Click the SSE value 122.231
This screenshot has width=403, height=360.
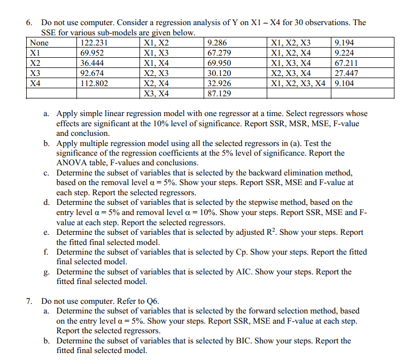point(94,43)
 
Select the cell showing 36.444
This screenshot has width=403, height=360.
point(91,63)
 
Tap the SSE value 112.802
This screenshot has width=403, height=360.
point(94,83)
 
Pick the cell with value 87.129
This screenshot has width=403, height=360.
point(219,94)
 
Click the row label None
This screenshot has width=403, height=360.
point(40,43)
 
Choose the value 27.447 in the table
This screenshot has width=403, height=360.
point(345,73)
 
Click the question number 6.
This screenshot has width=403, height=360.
point(29,22)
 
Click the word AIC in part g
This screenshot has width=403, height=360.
point(242,272)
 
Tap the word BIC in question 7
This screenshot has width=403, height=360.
point(242,341)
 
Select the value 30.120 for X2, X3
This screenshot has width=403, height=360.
point(219,73)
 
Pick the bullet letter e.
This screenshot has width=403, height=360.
point(46,232)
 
